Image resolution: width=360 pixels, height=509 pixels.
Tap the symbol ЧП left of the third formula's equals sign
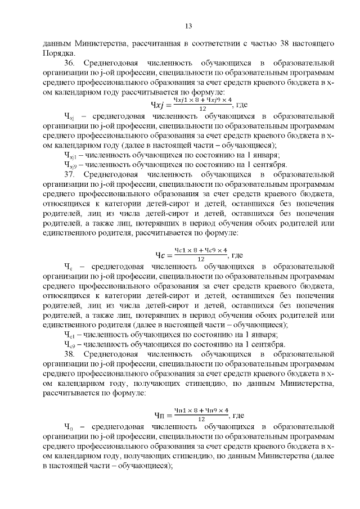pyautogui.click(x=161, y=416)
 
